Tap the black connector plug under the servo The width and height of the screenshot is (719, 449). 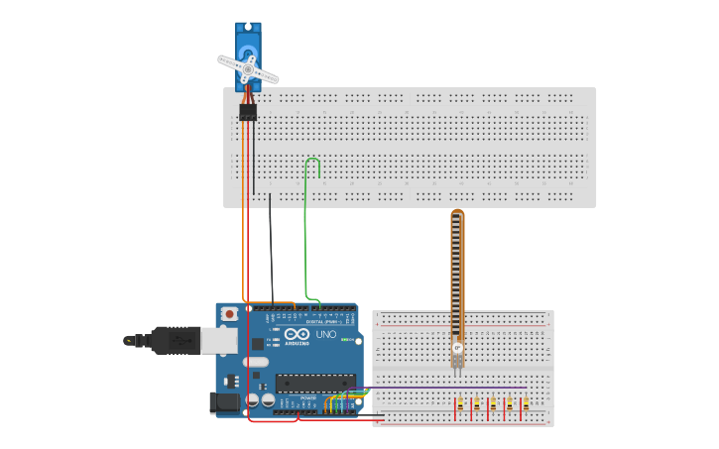point(247,113)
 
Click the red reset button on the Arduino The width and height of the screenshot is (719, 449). point(230,313)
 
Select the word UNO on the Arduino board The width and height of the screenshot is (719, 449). point(326,335)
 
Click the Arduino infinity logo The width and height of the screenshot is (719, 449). point(297,335)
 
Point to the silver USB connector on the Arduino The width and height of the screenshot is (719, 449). point(219,341)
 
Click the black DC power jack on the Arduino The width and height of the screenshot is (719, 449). point(224,402)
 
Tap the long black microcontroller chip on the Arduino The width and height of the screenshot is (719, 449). point(315,381)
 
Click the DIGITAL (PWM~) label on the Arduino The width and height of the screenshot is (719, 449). point(324,321)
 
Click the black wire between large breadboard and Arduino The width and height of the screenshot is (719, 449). point(272,248)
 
